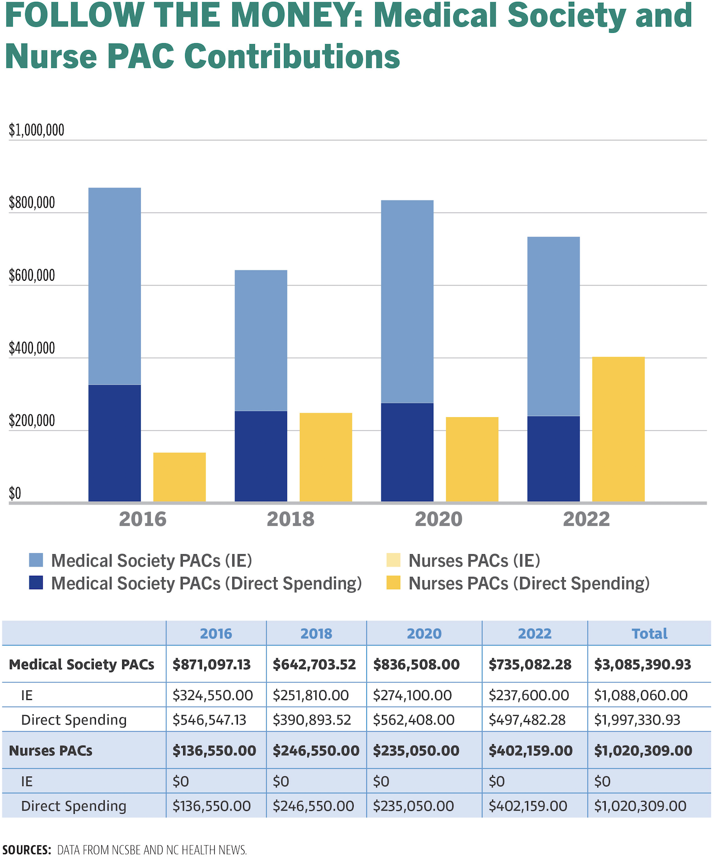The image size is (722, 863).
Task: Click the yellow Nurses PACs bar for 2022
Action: [x=618, y=429]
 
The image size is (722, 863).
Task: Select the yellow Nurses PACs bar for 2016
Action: [x=179, y=477]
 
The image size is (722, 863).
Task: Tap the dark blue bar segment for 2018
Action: [x=261, y=456]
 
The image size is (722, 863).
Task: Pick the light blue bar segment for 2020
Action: [x=407, y=301]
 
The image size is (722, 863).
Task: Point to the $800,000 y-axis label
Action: [x=32, y=203]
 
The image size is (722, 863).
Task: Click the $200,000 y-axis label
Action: [x=32, y=421]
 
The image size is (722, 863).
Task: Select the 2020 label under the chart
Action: [x=438, y=519]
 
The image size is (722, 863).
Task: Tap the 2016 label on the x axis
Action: [x=142, y=519]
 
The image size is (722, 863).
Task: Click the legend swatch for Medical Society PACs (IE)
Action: [x=36, y=560]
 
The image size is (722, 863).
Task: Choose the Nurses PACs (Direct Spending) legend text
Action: [x=529, y=583]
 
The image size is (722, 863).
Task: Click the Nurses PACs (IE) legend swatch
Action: [x=393, y=560]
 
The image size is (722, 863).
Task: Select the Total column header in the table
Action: [x=649, y=633]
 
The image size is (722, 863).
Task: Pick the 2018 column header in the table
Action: [x=316, y=633]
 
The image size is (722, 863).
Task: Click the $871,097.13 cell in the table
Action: [x=212, y=664]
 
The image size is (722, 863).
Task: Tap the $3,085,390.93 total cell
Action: [x=642, y=664]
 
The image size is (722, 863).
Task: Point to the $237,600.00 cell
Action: [x=528, y=695]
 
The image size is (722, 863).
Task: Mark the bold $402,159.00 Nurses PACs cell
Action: [x=530, y=750]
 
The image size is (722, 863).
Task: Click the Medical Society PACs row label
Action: [x=82, y=664]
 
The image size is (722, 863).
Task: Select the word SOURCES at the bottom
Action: [x=27, y=850]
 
